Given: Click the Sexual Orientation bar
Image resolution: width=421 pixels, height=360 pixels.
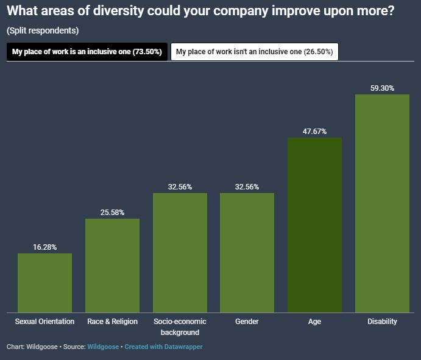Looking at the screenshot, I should click(44, 282).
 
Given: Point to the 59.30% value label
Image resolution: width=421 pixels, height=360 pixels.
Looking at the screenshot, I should click(382, 88).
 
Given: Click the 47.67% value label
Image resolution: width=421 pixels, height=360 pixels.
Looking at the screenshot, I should click(314, 132).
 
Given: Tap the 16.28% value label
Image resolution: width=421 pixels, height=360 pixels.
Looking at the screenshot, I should click(44, 247).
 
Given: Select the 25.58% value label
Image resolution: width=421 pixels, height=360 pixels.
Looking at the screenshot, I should click(112, 213).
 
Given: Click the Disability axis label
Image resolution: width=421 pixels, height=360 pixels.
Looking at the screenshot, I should click(382, 322).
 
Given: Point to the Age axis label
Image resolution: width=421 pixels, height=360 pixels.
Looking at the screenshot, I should click(314, 322).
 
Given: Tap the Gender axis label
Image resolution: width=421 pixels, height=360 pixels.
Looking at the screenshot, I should click(247, 322).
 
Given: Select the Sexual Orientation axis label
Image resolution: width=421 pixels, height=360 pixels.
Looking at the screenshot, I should click(44, 322).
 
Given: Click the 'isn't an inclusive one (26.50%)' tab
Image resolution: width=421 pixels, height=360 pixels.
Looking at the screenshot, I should click(254, 52).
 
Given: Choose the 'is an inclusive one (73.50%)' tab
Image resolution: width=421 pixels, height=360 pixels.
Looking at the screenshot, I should click(87, 52).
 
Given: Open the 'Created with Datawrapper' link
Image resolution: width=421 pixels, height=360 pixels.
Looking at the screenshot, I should click(163, 347).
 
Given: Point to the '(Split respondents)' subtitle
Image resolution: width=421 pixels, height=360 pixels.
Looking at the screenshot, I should click(43, 30).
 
